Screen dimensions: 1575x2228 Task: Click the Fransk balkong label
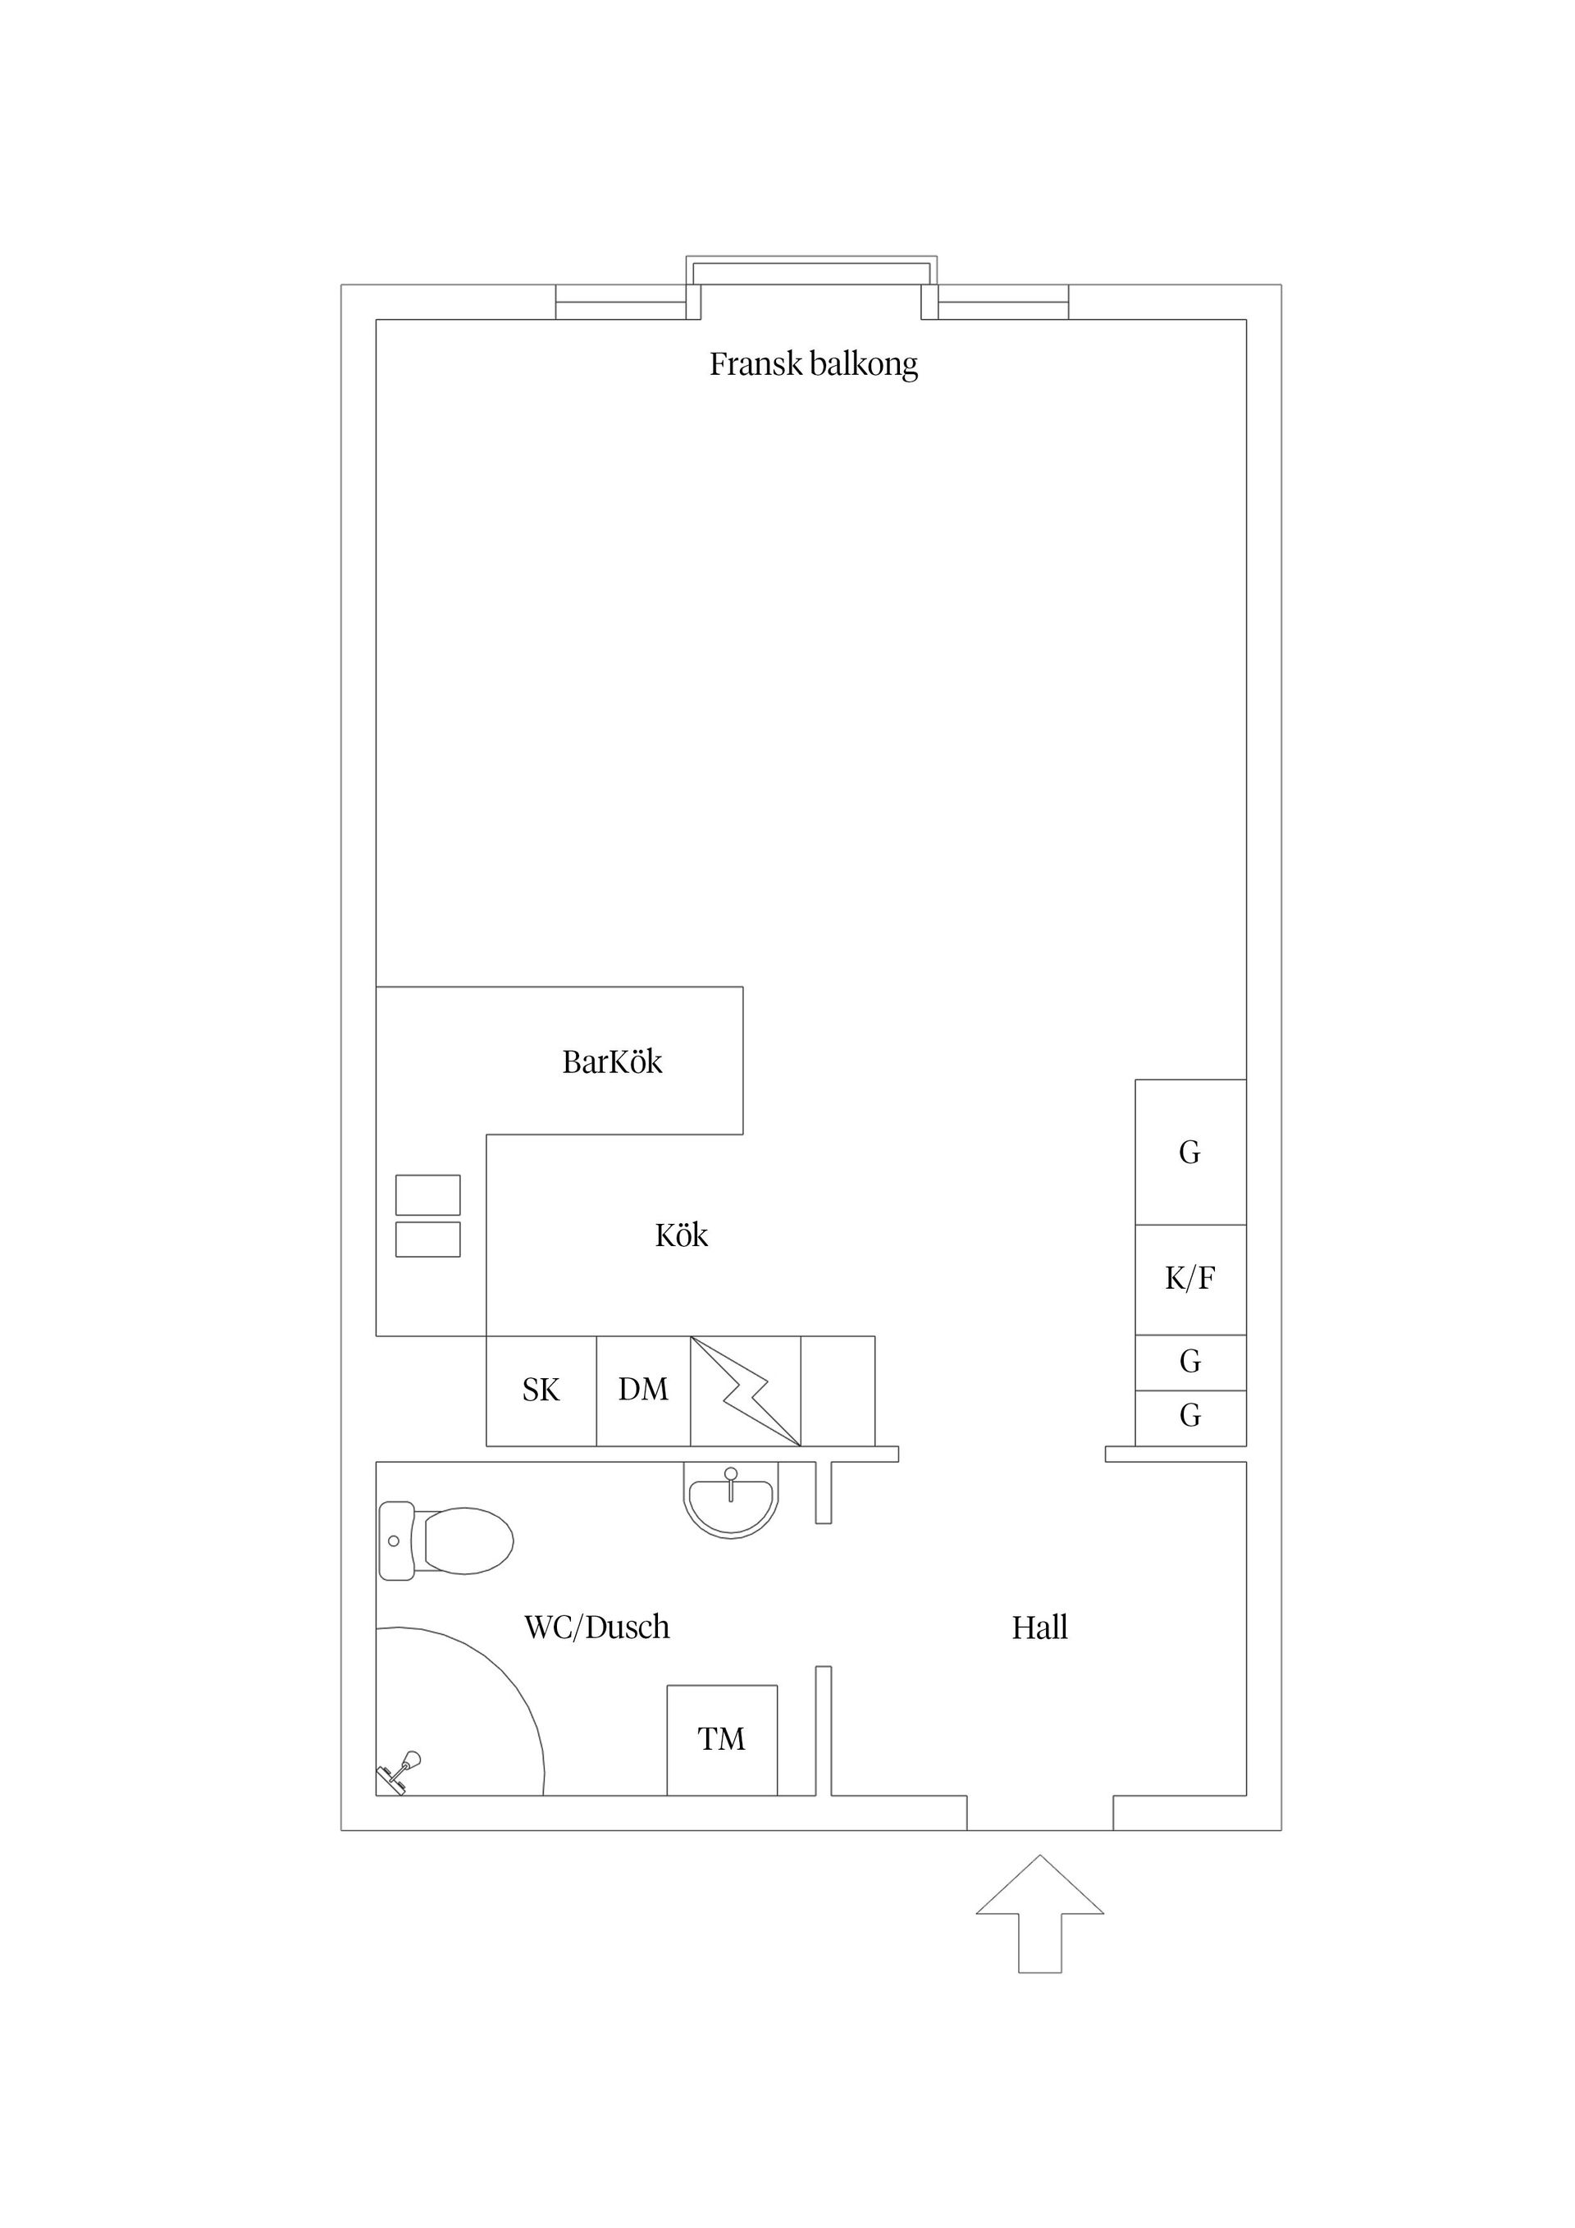click(813, 365)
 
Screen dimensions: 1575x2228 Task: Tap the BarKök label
click(612, 1062)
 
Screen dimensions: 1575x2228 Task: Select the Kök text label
click(681, 1235)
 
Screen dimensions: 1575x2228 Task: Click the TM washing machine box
click(722, 1740)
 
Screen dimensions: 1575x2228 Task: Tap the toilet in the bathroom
click(445, 1540)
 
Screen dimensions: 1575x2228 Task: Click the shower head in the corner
click(399, 1771)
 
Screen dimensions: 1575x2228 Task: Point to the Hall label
click(1040, 1628)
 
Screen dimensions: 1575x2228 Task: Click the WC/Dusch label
click(597, 1628)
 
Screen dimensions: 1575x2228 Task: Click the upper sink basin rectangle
click(428, 1194)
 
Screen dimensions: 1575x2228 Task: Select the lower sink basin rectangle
click(428, 1240)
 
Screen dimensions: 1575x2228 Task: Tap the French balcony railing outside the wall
click(811, 260)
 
